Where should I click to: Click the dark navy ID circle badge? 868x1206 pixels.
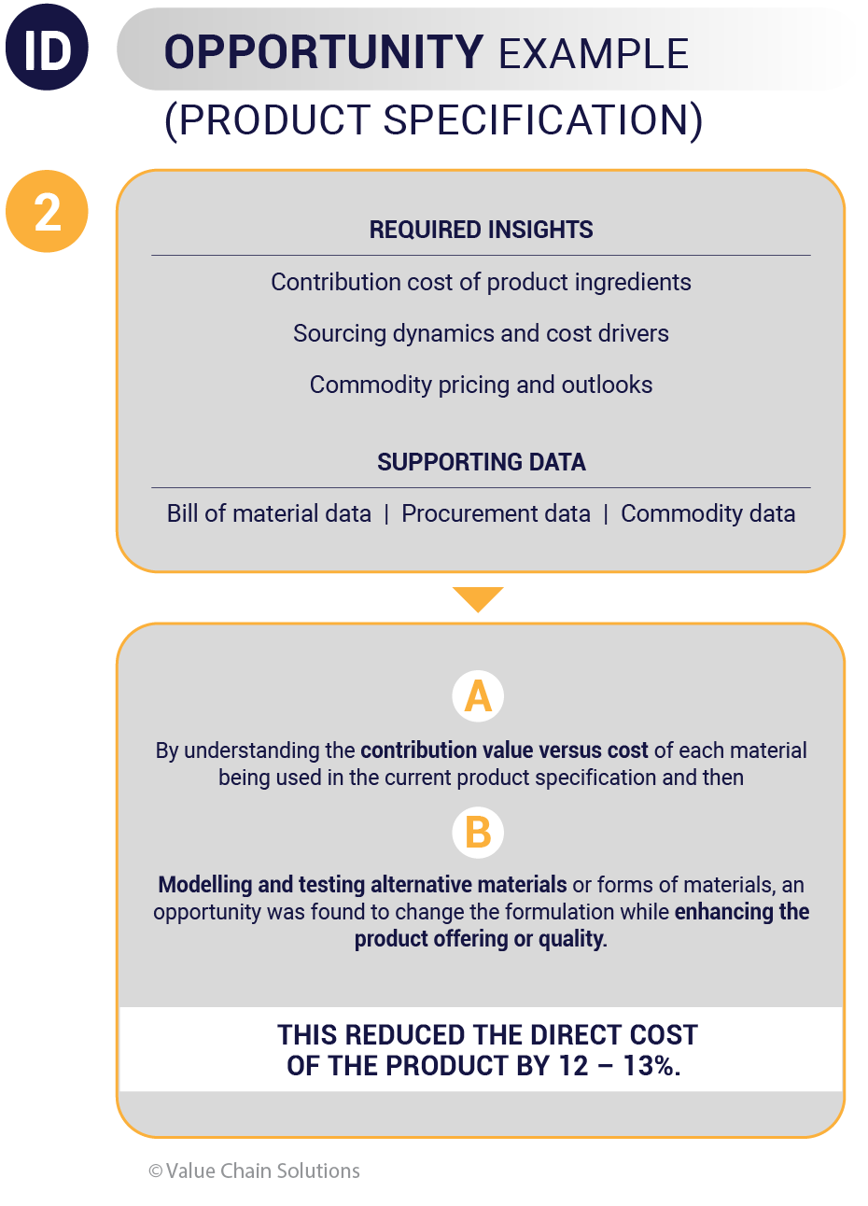pyautogui.click(x=47, y=47)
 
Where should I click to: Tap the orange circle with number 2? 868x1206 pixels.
pyautogui.click(x=47, y=211)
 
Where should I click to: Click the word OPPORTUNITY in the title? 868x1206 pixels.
pyautogui.click(x=324, y=52)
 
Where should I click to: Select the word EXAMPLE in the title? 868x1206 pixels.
pyautogui.click(x=594, y=53)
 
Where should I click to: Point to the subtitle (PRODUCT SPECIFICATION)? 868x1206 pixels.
pyautogui.click(x=433, y=120)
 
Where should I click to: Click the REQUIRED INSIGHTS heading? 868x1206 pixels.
pyautogui.click(x=481, y=230)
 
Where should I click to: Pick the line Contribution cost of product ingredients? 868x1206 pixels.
pyautogui.click(x=481, y=282)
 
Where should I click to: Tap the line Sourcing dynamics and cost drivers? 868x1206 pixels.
pyautogui.click(x=481, y=334)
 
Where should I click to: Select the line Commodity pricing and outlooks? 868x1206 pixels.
pyautogui.click(x=481, y=386)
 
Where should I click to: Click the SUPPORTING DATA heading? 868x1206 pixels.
pyautogui.click(x=481, y=462)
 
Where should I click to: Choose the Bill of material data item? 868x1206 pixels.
pyautogui.click(x=269, y=513)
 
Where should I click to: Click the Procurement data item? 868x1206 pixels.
pyautogui.click(x=496, y=513)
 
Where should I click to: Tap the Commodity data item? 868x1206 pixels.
pyautogui.click(x=708, y=513)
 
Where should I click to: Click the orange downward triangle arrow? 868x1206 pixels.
pyautogui.click(x=478, y=596)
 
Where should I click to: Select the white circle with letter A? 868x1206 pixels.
pyautogui.click(x=478, y=696)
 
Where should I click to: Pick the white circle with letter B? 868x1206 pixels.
pyautogui.click(x=478, y=833)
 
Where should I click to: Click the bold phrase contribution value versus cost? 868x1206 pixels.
pyautogui.click(x=504, y=750)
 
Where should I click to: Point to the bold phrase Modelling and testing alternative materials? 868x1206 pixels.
pyautogui.click(x=362, y=885)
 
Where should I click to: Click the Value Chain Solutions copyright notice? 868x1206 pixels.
pyautogui.click(x=254, y=1171)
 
